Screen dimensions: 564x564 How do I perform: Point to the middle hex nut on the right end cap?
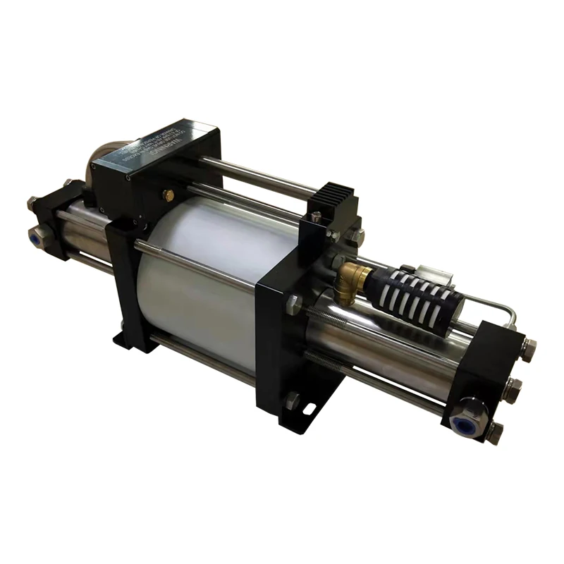click(513, 388)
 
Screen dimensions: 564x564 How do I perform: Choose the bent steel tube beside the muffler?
click(493, 310)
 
